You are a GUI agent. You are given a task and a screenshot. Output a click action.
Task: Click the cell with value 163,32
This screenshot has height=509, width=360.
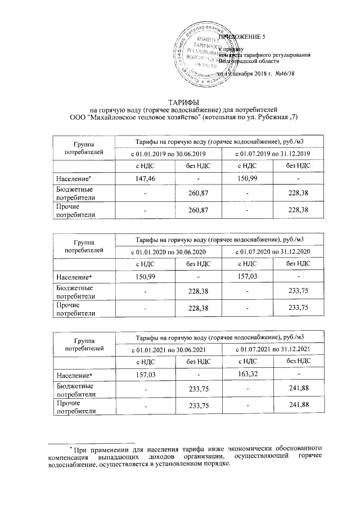coord(248,374)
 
